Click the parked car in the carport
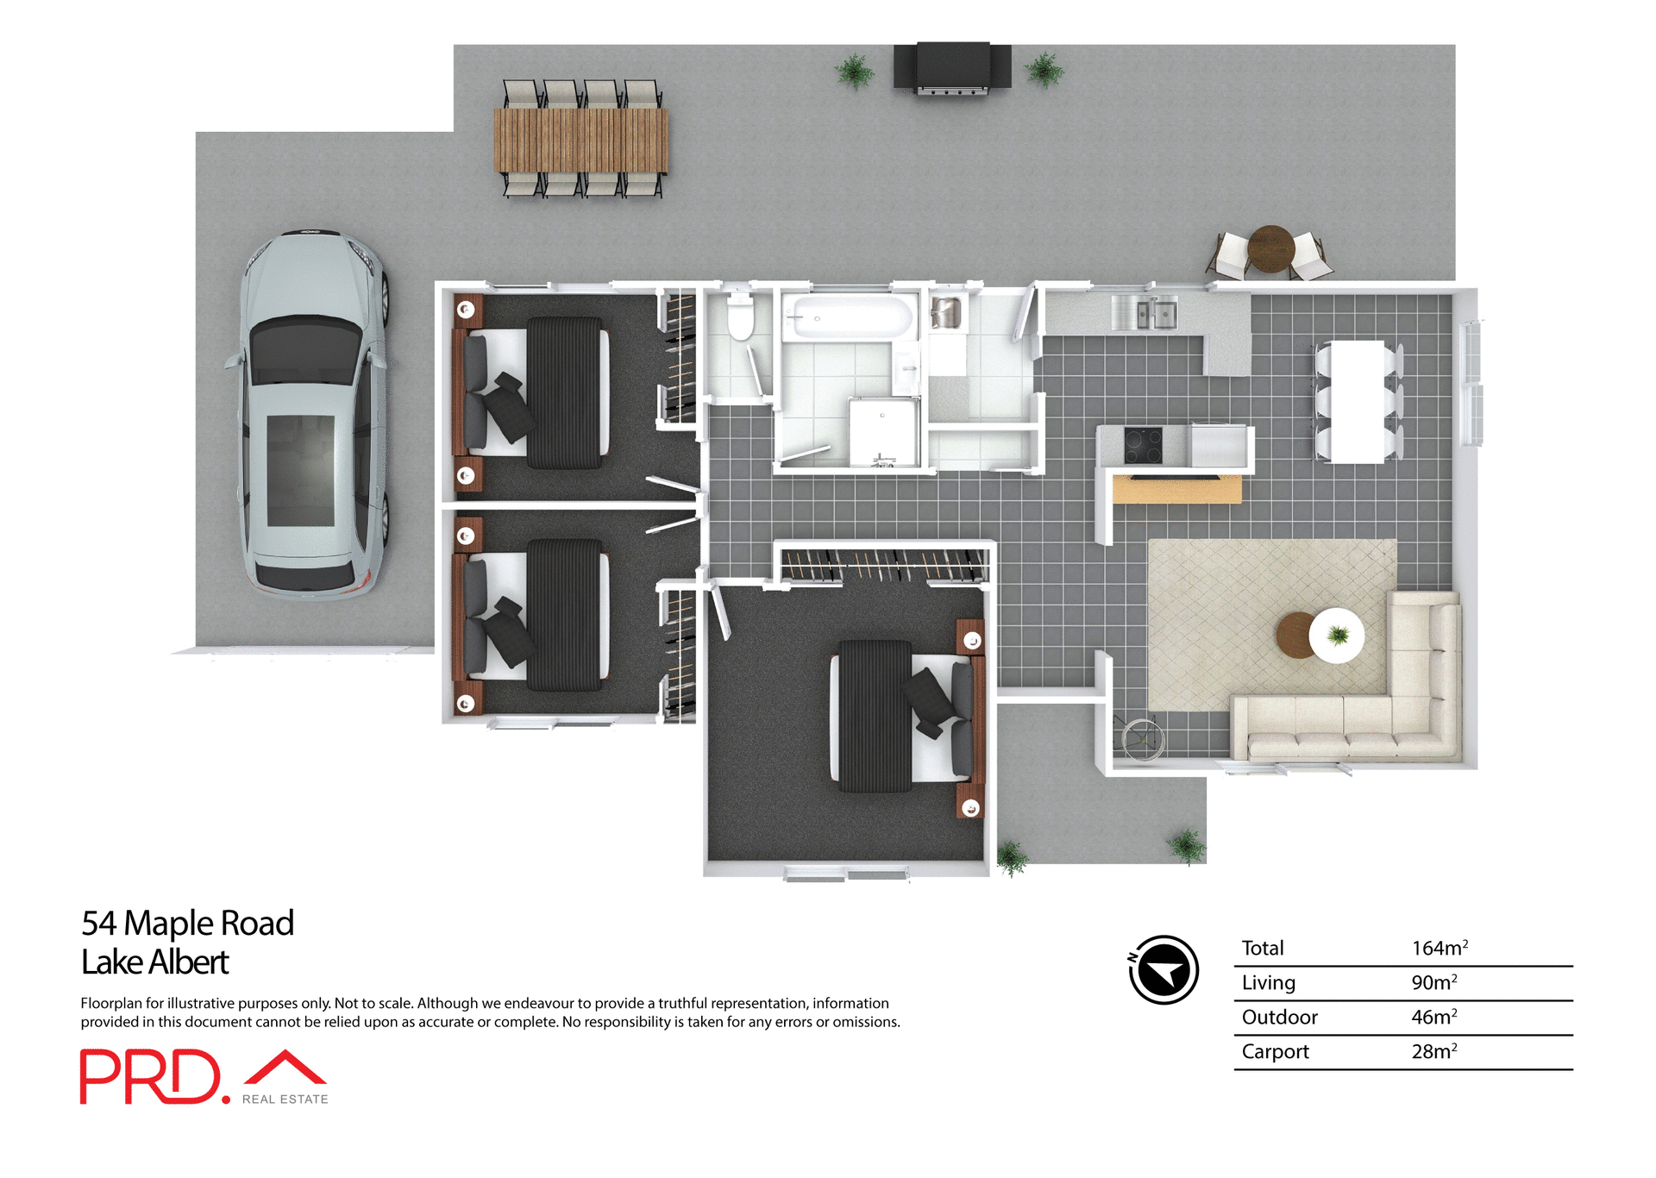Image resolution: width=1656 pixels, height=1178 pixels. click(x=312, y=414)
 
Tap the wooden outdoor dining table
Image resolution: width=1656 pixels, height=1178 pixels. click(x=580, y=139)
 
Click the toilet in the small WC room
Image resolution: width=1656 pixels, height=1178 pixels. click(x=740, y=316)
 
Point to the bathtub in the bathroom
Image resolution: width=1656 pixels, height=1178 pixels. click(x=850, y=317)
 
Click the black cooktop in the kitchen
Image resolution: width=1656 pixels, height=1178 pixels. click(x=1143, y=446)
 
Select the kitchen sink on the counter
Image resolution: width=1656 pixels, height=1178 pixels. click(x=1145, y=312)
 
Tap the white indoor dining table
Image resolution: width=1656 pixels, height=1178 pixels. click(x=1357, y=401)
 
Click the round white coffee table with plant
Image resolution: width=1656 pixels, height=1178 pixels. click(x=1336, y=636)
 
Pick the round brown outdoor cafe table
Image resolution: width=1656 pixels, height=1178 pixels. click(x=1270, y=248)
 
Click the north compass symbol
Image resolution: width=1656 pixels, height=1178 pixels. click(x=1164, y=970)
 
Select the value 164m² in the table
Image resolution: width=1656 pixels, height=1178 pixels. click(x=1439, y=948)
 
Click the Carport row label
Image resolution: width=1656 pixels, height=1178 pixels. click(x=1275, y=1051)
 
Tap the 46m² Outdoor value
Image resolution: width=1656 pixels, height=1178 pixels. click(x=1433, y=1017)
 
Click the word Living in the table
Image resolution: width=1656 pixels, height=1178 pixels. click(x=1268, y=982)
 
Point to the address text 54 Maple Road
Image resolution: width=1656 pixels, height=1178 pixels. click(x=187, y=923)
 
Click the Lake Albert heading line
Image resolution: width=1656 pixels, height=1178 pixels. click(x=154, y=962)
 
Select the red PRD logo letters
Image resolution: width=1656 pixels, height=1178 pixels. click(x=151, y=1076)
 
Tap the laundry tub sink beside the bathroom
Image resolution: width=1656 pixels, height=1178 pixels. click(x=946, y=313)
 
